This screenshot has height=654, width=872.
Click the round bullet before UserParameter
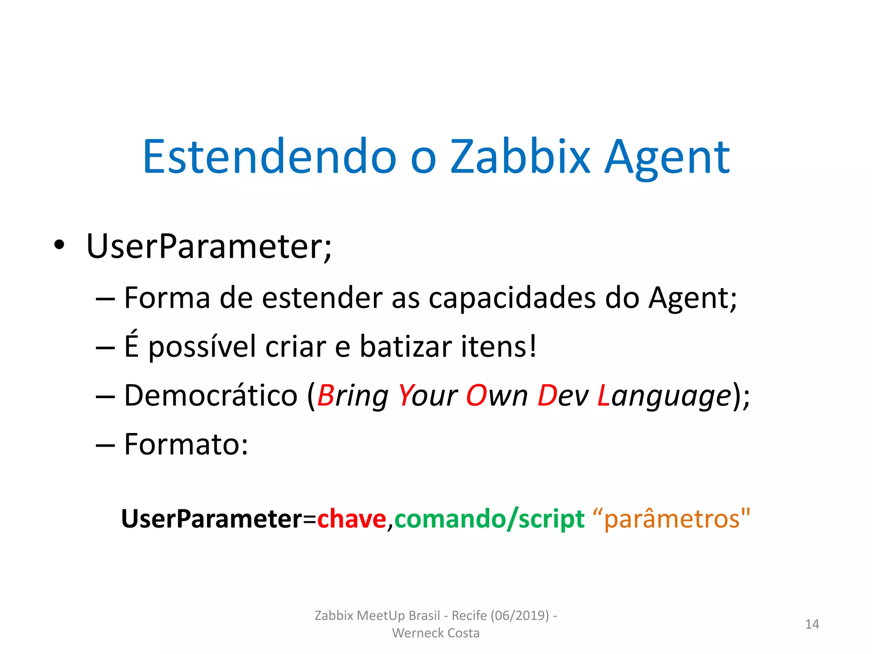59,246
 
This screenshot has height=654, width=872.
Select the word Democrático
210,396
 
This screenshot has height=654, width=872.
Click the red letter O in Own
476,396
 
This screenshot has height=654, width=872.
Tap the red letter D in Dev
547,396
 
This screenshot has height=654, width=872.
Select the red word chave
352,519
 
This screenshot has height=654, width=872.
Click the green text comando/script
490,519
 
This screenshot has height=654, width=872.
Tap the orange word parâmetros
672,519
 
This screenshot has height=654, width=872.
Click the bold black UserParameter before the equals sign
212,519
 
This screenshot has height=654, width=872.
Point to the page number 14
812,624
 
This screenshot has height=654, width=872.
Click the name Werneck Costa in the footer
436,633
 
